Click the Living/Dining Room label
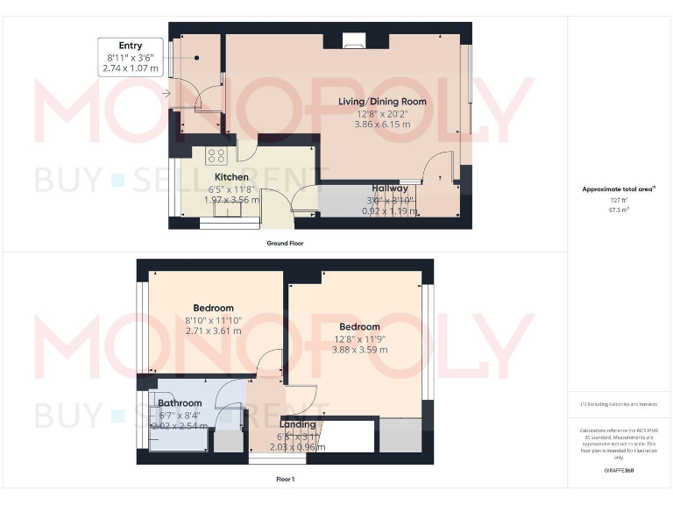click(382, 102)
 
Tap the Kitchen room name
click(225, 177)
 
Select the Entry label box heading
click(131, 46)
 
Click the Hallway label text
click(389, 188)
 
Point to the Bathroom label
click(180, 403)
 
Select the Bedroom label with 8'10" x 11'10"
click(213, 308)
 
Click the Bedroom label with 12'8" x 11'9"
click(359, 327)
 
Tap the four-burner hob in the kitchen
click(216, 156)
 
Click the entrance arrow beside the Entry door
click(166, 93)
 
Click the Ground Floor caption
click(285, 243)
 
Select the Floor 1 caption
click(285, 480)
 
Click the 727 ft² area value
click(619, 201)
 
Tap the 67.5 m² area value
click(619, 210)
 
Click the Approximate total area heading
click(619, 188)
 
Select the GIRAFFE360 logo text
click(619, 472)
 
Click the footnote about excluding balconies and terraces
click(619, 404)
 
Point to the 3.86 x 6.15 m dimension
click(382, 125)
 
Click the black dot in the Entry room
click(198, 58)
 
